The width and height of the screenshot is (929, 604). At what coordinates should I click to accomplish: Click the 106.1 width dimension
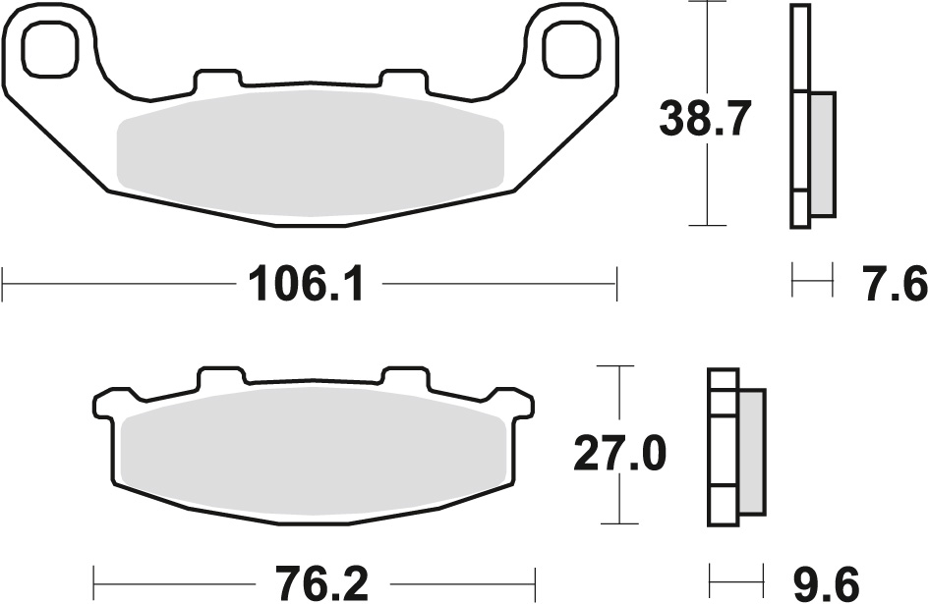pos(308,286)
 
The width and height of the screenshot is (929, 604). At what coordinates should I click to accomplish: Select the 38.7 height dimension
pos(705,120)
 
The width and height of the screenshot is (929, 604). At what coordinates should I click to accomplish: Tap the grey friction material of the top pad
pos(310,152)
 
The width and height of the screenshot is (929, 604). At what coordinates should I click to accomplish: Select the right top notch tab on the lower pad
pos(405,378)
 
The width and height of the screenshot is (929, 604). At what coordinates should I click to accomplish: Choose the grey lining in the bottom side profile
pos(750,452)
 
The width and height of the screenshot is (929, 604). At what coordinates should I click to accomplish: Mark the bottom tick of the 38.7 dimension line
pos(706,225)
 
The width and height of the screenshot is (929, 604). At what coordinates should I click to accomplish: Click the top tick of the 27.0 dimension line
pos(617,366)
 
